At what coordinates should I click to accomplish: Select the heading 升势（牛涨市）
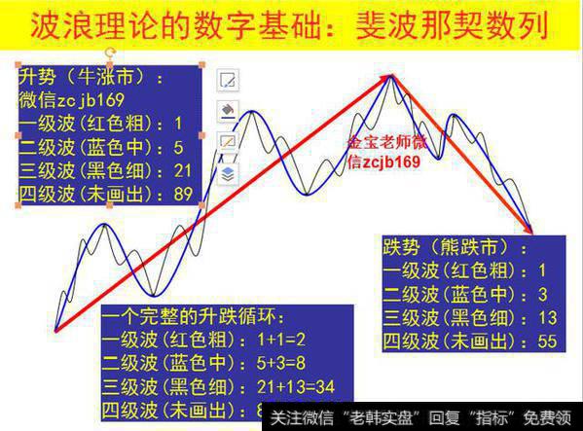coord(91,76)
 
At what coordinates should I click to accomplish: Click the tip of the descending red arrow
coord(531,232)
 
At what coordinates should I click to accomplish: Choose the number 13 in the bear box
coord(547,318)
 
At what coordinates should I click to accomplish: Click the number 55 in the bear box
coord(547,341)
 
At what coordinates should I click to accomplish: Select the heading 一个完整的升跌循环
coord(195,317)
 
